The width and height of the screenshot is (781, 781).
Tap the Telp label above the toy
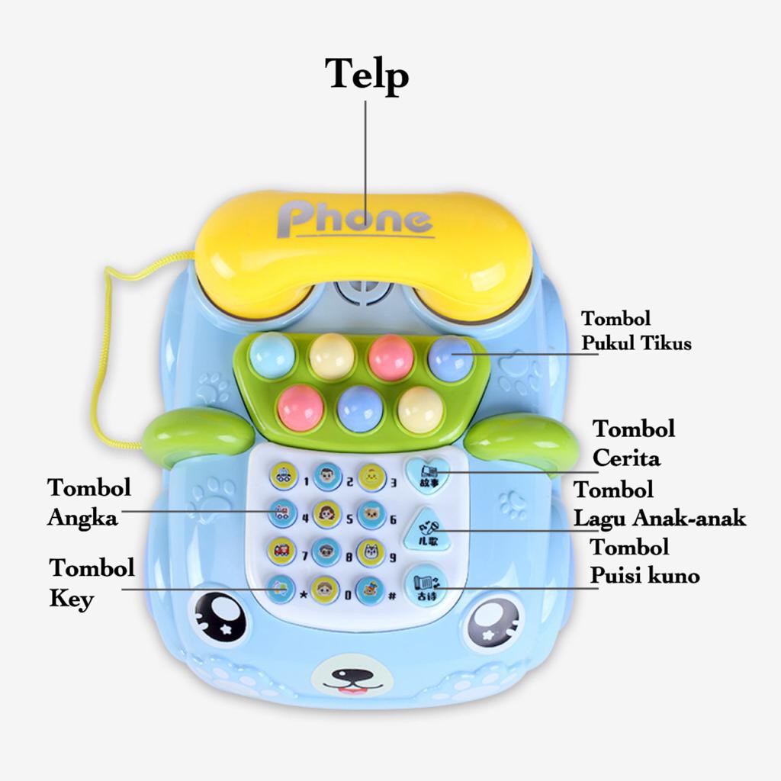tap(367, 75)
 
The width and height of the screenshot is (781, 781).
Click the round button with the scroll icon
tap(424, 584)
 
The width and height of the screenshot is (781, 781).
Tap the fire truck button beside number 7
tap(282, 551)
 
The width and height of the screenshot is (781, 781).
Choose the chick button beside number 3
tap(371, 477)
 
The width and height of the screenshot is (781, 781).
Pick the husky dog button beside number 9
tap(371, 551)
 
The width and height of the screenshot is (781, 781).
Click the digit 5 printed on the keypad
tap(350, 520)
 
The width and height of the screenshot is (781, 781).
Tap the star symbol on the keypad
tap(304, 593)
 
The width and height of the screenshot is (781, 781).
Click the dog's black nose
tap(353, 675)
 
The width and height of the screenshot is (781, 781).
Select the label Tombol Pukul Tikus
tap(636, 331)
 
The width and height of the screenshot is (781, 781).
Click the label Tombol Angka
tap(88, 503)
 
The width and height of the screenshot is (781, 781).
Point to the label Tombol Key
tap(92, 583)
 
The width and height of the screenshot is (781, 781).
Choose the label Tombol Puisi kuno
tap(644, 561)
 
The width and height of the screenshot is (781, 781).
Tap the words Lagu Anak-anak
tap(660, 519)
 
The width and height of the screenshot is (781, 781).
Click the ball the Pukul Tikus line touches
tap(451, 357)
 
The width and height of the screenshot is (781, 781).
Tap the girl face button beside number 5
tap(326, 514)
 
